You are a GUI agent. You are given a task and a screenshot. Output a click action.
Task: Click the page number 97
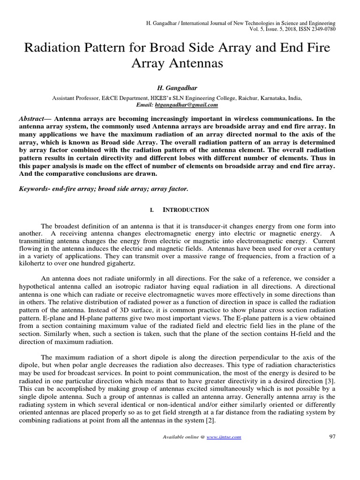pyautogui.click(x=333, y=436)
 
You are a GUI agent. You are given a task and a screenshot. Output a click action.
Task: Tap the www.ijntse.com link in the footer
pyautogui.click(x=224, y=437)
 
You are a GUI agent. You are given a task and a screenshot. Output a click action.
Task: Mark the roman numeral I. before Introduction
pyautogui.click(x=152, y=210)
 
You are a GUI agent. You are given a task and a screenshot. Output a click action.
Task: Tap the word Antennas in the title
pyautogui.click(x=194, y=63)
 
